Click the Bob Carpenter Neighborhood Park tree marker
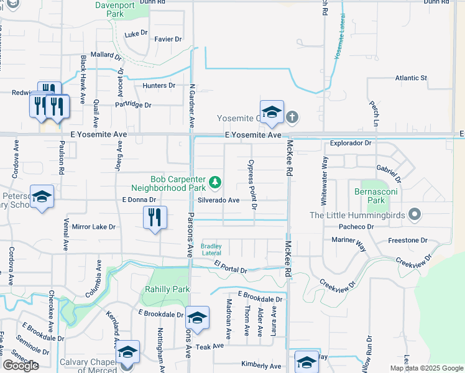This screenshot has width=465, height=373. [x=215, y=182]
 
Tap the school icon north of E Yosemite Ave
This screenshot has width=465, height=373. [x=272, y=113]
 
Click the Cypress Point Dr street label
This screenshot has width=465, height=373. [x=252, y=184]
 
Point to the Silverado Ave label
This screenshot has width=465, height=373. [x=219, y=200]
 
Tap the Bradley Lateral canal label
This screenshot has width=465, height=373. [x=211, y=250]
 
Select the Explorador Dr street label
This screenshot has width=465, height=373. [x=351, y=143]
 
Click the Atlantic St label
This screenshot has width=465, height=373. [x=411, y=78]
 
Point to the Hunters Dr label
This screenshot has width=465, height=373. [x=159, y=85]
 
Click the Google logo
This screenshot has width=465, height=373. [x=21, y=366]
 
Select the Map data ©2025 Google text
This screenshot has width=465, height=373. [x=426, y=368]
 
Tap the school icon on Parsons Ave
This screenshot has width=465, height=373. [x=197, y=318]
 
